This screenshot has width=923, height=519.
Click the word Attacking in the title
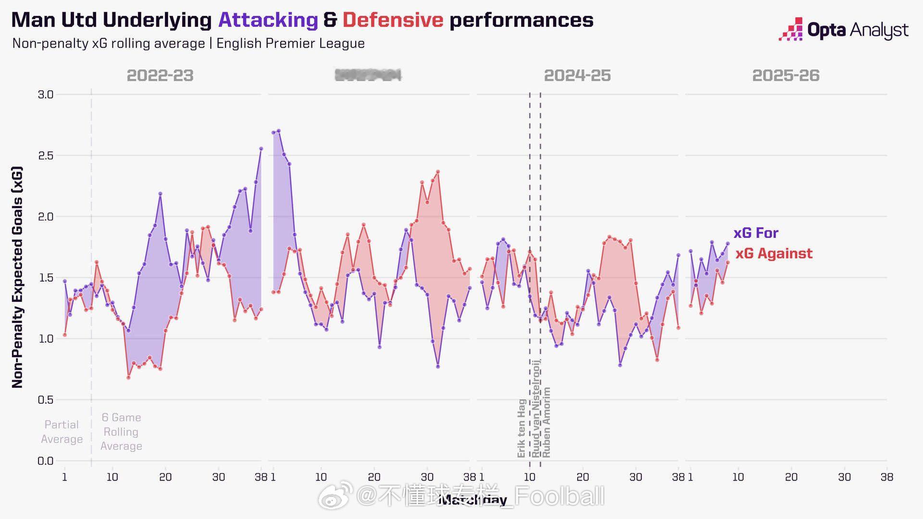click(268, 20)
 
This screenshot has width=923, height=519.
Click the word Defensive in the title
click(393, 20)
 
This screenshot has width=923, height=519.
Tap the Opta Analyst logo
click(844, 30)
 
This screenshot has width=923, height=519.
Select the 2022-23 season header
click(160, 75)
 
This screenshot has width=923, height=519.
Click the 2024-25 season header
click(577, 75)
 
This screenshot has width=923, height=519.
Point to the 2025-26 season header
click(786, 75)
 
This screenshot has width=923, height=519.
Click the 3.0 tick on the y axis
click(46, 95)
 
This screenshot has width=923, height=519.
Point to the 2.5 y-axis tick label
click(46, 156)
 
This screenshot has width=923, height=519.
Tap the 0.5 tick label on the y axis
click(46, 400)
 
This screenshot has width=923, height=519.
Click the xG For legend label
click(756, 233)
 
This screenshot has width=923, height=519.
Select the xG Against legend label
click(774, 253)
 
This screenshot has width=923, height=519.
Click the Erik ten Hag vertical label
click(521, 428)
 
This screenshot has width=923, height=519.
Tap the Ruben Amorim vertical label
click(546, 422)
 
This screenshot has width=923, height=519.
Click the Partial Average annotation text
click(62, 432)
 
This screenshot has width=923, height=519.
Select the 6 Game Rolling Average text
click(121, 432)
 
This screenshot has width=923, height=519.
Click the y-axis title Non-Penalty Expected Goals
click(17, 277)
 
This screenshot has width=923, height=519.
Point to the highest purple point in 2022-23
click(261, 148)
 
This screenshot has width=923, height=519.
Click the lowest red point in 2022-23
click(128, 378)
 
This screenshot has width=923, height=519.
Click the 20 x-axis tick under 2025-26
click(791, 477)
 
